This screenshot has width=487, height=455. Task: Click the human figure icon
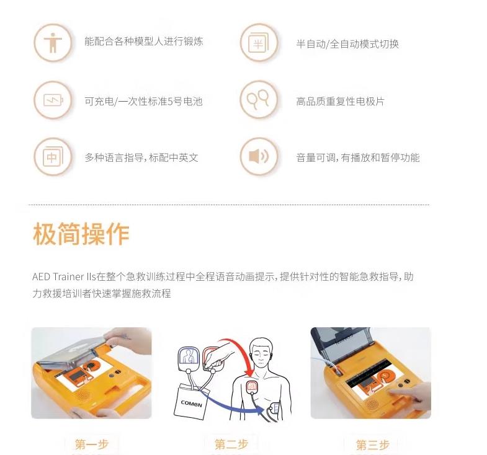(53, 43)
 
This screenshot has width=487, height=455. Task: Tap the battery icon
(53, 100)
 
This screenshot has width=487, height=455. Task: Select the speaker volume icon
(259, 156)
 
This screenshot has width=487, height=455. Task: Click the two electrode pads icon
(258, 99)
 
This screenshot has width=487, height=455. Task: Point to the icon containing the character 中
(53, 156)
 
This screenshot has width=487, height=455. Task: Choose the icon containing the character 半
(259, 43)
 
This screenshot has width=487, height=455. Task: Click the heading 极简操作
(81, 234)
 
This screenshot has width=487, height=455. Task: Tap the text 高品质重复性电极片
(340, 101)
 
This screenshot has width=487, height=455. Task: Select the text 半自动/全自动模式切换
(347, 44)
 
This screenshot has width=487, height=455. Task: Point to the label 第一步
(92, 444)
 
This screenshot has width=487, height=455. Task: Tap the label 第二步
(231, 444)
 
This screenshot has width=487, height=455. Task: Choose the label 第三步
(372, 444)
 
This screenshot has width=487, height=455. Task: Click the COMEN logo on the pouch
(191, 403)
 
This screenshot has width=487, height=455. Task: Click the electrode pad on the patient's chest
(252, 386)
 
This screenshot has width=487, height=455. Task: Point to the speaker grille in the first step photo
(83, 395)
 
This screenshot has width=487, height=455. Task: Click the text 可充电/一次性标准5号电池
(143, 101)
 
